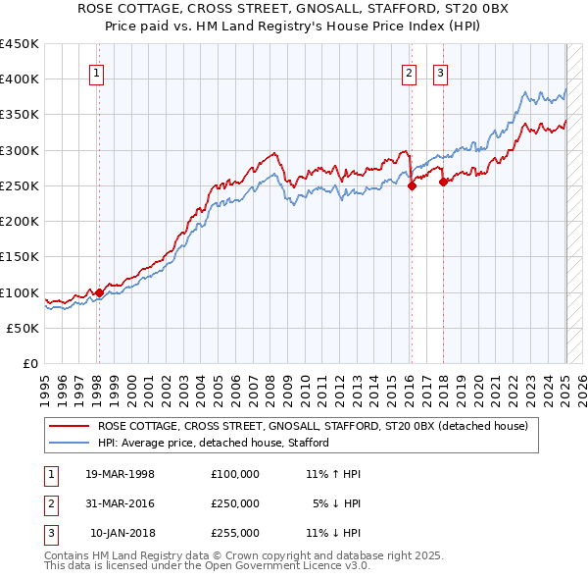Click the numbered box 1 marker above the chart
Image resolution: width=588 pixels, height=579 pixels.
coord(98,72)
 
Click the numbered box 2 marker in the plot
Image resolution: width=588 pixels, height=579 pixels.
coord(409,72)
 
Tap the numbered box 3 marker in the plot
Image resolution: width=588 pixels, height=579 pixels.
coord(440,72)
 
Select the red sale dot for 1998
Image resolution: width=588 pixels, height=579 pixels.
coord(99,292)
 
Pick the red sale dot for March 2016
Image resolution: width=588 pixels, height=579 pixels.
coord(412,185)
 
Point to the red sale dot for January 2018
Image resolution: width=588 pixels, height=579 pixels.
coord(443,182)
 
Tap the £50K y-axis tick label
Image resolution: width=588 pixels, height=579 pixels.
coord(23,329)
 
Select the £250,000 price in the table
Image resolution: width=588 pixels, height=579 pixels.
coord(234,503)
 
